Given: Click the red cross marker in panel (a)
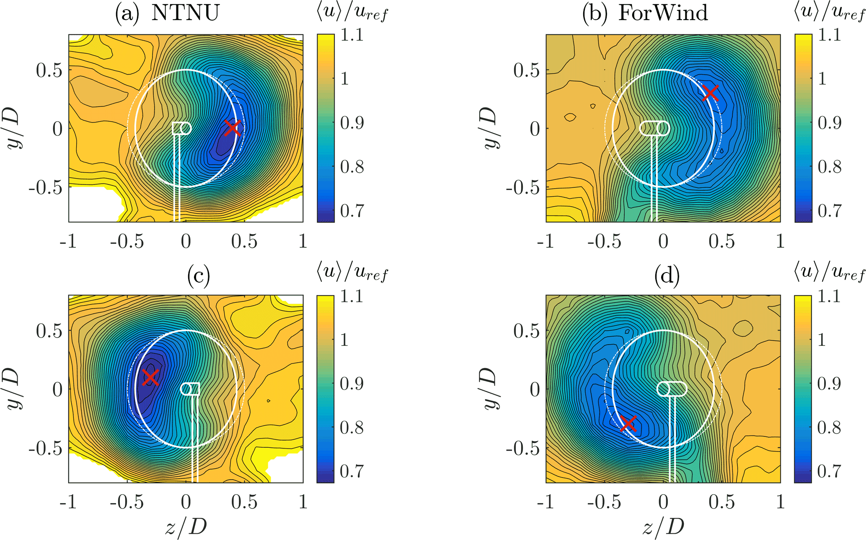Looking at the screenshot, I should point(232,128).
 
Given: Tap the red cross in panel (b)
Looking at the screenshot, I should point(710,93).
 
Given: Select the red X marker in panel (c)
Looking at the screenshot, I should point(150,377).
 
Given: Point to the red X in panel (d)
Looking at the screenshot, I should point(628,423).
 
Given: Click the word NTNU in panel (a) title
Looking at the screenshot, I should point(185,13).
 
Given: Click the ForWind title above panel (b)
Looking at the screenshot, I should point(663,13).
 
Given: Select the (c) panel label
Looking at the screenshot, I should point(199,276).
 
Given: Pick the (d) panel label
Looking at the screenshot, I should point(667,276).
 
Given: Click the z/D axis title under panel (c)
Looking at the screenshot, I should point(186,527).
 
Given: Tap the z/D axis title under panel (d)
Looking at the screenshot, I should point(663,527).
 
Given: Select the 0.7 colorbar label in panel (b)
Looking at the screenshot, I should point(830,211).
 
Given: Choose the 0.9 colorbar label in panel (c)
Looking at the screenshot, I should point(352,384).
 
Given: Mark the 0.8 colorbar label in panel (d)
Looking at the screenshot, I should point(830,428).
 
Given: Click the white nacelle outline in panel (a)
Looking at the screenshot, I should point(182,128).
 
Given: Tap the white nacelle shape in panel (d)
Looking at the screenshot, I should point(672,389).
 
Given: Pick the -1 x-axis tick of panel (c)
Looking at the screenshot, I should point(68,502).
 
